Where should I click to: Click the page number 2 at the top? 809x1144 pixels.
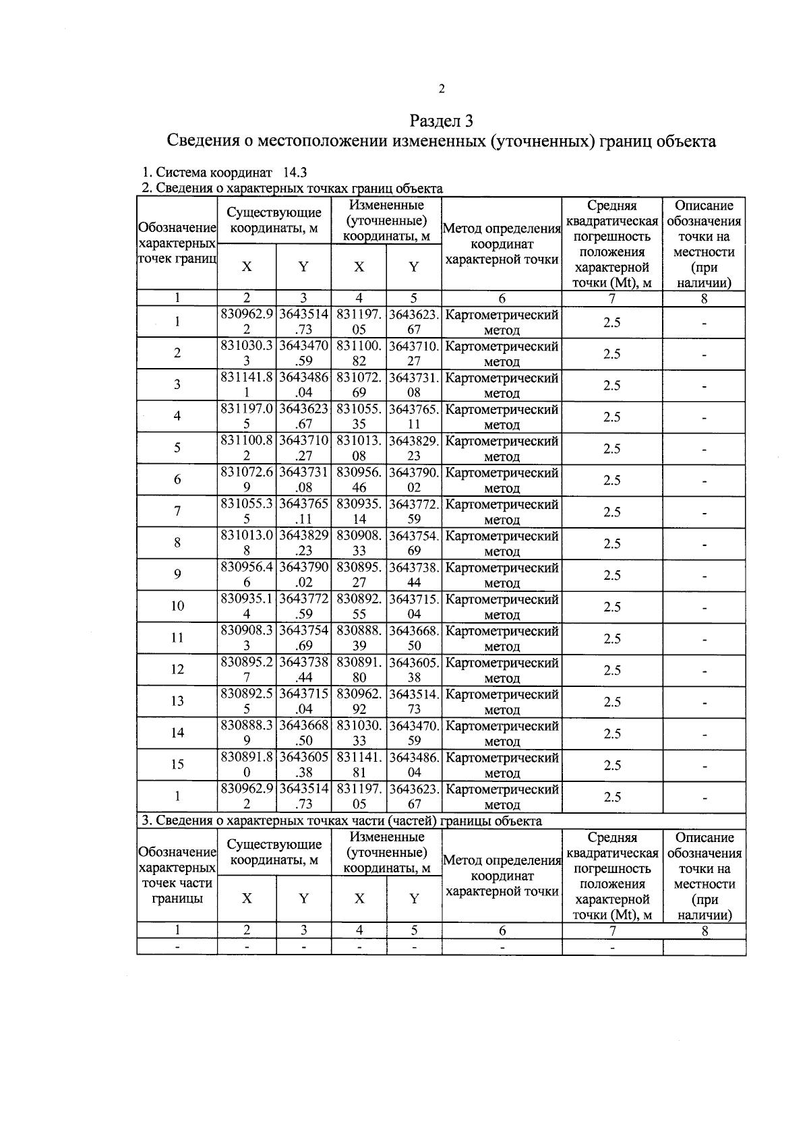442,89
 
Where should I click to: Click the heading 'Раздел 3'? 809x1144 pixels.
442,121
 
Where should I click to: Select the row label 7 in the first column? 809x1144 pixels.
177,511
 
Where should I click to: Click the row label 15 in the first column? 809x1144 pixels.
177,764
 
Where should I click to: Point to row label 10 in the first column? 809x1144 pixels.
177,606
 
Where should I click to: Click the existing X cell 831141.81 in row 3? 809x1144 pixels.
247,385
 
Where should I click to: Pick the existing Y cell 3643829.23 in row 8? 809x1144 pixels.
303,543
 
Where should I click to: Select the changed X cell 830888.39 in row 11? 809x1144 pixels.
359,638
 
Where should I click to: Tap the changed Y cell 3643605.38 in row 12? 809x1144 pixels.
414,670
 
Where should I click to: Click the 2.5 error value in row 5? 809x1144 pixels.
611,448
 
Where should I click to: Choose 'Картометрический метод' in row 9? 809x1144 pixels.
502,575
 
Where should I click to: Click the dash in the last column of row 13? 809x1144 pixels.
704,702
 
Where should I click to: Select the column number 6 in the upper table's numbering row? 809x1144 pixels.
502,299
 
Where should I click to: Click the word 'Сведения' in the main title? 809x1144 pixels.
201,142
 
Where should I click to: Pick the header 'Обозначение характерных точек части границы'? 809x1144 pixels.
177,876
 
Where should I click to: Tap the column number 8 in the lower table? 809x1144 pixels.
704,931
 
